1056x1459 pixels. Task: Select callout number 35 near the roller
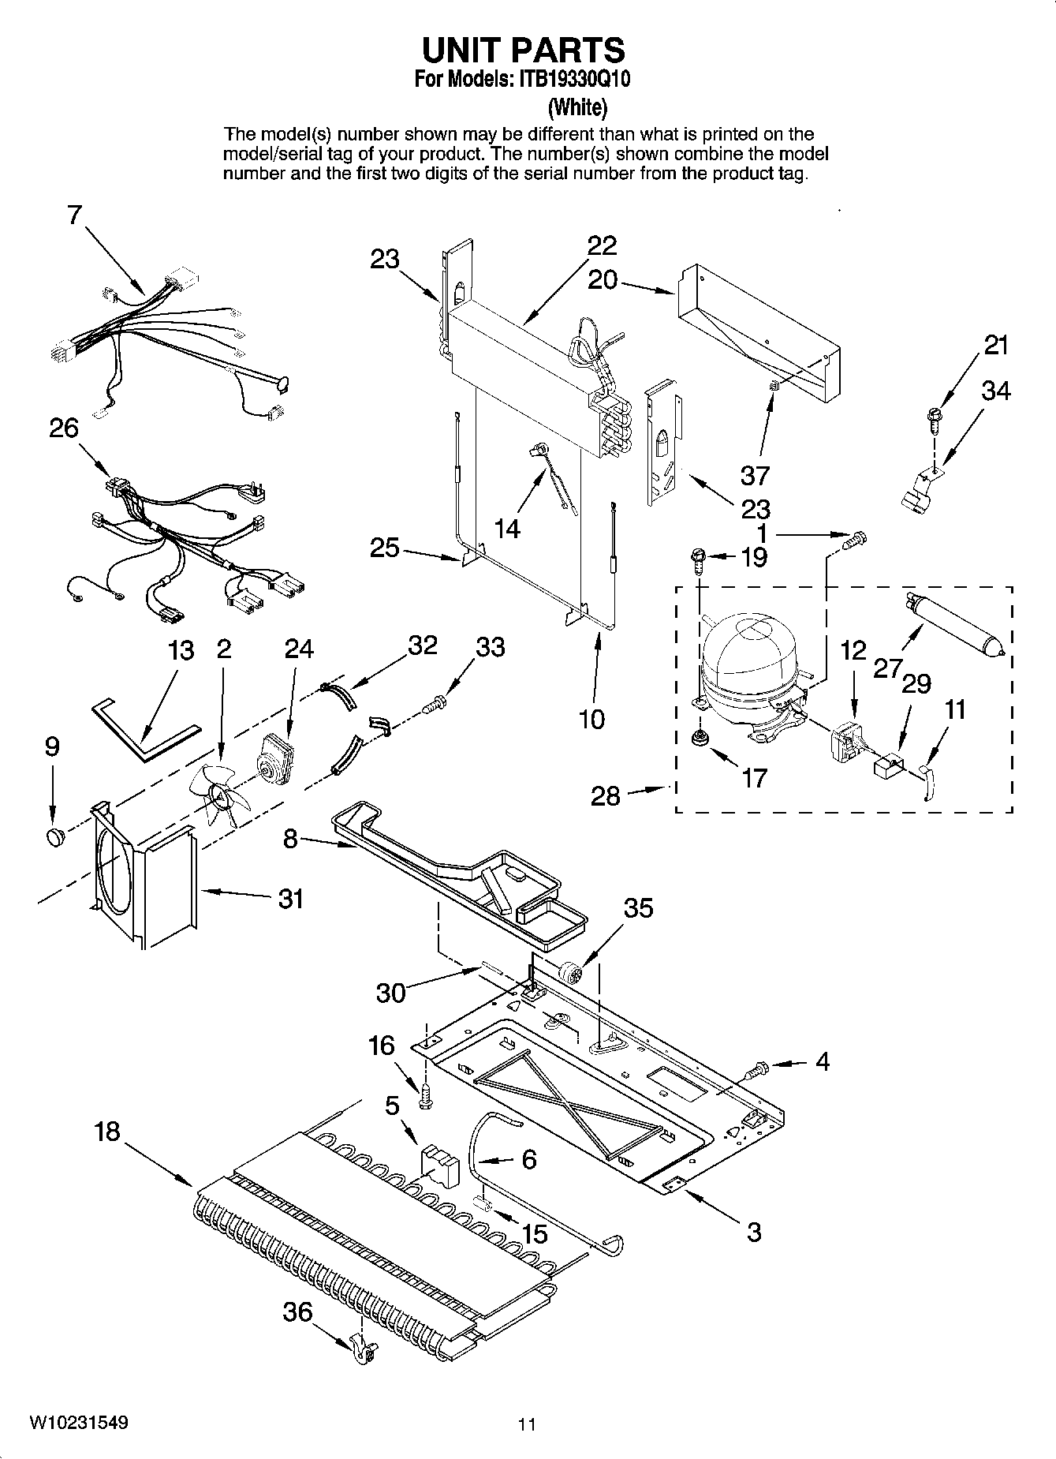tap(638, 908)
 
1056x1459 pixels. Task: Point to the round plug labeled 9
tap(55, 836)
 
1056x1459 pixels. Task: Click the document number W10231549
tap(79, 1423)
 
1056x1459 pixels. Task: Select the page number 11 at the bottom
tap(527, 1424)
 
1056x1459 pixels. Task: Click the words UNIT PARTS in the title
tap(524, 50)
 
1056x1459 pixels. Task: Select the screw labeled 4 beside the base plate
tap(755, 1070)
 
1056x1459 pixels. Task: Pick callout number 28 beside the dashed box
tap(606, 795)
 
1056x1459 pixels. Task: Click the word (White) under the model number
tap(578, 106)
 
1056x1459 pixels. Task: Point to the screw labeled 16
tap(426, 1096)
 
